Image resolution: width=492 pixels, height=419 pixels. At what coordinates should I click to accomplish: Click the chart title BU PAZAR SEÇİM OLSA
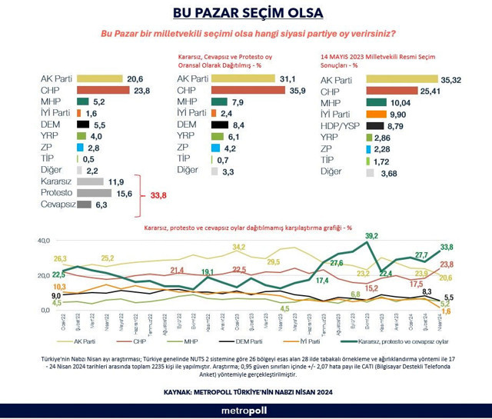[x=245, y=13]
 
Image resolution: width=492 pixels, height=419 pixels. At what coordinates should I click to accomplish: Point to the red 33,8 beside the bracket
[x=157, y=196]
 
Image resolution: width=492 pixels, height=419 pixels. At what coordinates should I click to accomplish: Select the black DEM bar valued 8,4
[x=219, y=123]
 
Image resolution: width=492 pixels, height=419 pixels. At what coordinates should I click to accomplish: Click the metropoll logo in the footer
[x=245, y=411]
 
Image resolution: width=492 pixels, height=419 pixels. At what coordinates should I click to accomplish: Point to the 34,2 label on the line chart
[x=238, y=247]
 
